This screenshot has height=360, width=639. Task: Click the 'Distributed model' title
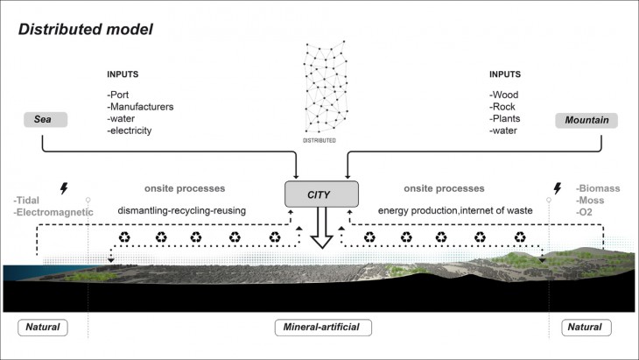(x=87, y=29)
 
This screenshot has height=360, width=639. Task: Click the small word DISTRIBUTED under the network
(x=323, y=140)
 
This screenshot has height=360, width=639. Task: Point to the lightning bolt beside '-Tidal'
(x=62, y=188)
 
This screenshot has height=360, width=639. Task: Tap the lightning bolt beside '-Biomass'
(x=557, y=187)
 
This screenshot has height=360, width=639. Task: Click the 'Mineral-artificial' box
(x=322, y=328)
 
